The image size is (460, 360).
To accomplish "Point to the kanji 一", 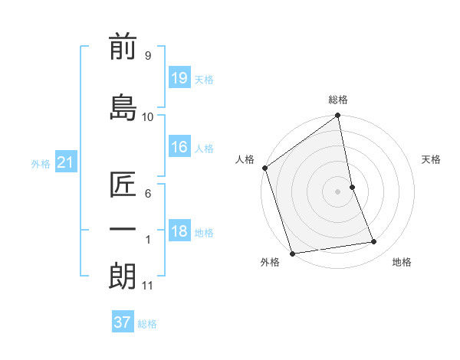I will coord(123,230).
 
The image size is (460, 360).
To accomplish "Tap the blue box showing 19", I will coord(179,77).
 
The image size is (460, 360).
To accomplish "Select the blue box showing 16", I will coord(179,147).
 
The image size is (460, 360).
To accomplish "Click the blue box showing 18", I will coord(179,231).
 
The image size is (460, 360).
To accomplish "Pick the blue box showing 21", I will coord(66,162).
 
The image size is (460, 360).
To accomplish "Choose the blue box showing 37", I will coord(123,322).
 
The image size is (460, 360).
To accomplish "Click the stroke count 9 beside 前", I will coord(147,55).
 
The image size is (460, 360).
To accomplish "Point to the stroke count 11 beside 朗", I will coord(147,286).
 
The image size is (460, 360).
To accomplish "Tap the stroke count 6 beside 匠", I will coord(147,194).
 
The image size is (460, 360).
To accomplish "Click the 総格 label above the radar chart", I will coord(338,100).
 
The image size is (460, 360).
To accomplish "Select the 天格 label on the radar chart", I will coord(431,159).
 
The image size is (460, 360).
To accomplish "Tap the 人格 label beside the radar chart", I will coord(245,159).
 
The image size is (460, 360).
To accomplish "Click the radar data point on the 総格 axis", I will coord(338,116).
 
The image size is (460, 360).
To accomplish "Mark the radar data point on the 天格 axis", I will coord(353,187).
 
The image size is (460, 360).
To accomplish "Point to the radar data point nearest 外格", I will coord(291,253).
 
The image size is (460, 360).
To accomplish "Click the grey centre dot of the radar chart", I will coord(338,191).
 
